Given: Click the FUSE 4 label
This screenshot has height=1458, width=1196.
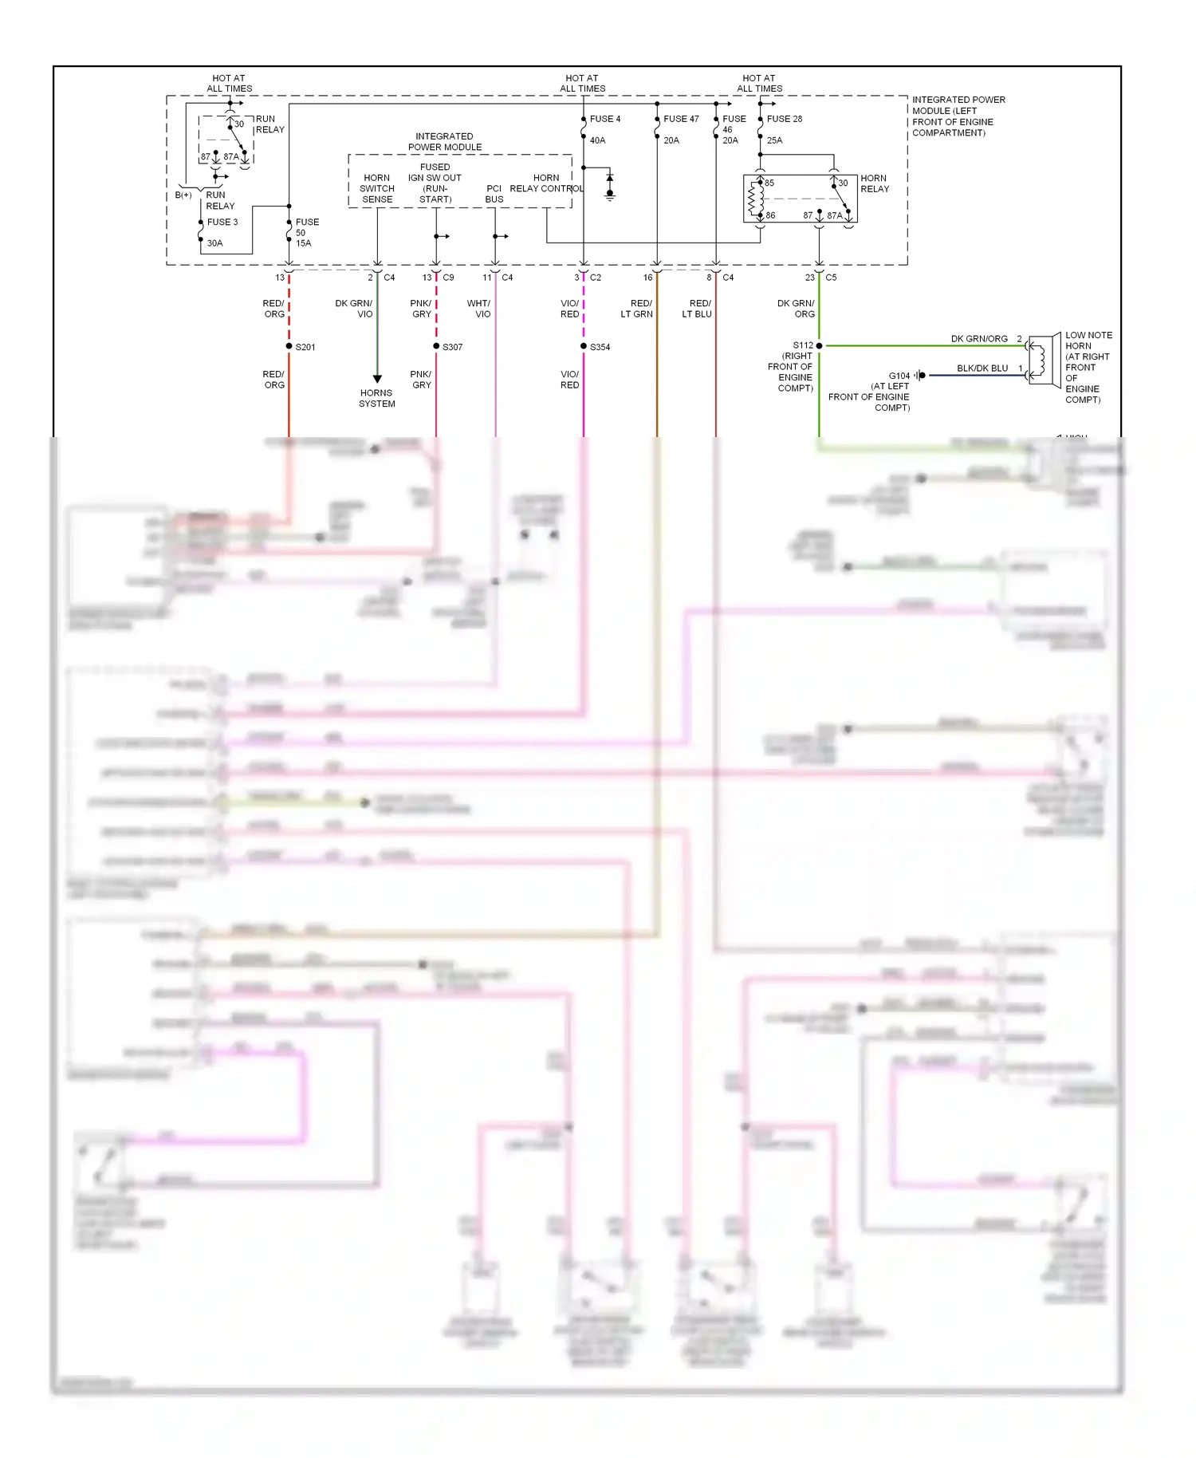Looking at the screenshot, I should tap(604, 119).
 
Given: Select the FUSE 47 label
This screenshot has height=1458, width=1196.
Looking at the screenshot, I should tap(680, 119).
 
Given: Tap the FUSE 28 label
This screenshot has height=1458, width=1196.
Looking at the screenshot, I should tap(784, 119).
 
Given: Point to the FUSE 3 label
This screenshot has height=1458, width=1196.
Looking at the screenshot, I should tap(222, 222).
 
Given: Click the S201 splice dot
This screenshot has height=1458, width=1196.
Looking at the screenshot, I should tap(289, 346).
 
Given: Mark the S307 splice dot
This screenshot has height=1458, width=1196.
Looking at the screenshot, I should tap(436, 346).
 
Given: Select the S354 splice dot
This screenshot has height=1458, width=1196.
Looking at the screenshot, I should tap(584, 346).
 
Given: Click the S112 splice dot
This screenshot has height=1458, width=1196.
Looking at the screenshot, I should tap(819, 345).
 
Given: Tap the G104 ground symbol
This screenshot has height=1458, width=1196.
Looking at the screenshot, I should tap(920, 375).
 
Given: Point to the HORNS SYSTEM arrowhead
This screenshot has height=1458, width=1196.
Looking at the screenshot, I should tap(377, 379).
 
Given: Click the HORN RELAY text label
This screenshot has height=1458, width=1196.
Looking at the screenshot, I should tap(874, 183).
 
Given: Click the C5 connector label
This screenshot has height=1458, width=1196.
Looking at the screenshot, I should tap(831, 278).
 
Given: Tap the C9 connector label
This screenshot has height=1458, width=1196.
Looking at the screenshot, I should tap(448, 278).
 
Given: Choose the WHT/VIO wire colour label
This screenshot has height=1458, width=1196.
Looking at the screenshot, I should tap(478, 309).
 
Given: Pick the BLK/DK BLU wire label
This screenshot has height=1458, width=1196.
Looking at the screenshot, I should tap(982, 368).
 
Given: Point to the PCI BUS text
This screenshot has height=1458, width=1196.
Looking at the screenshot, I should tap(494, 194).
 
